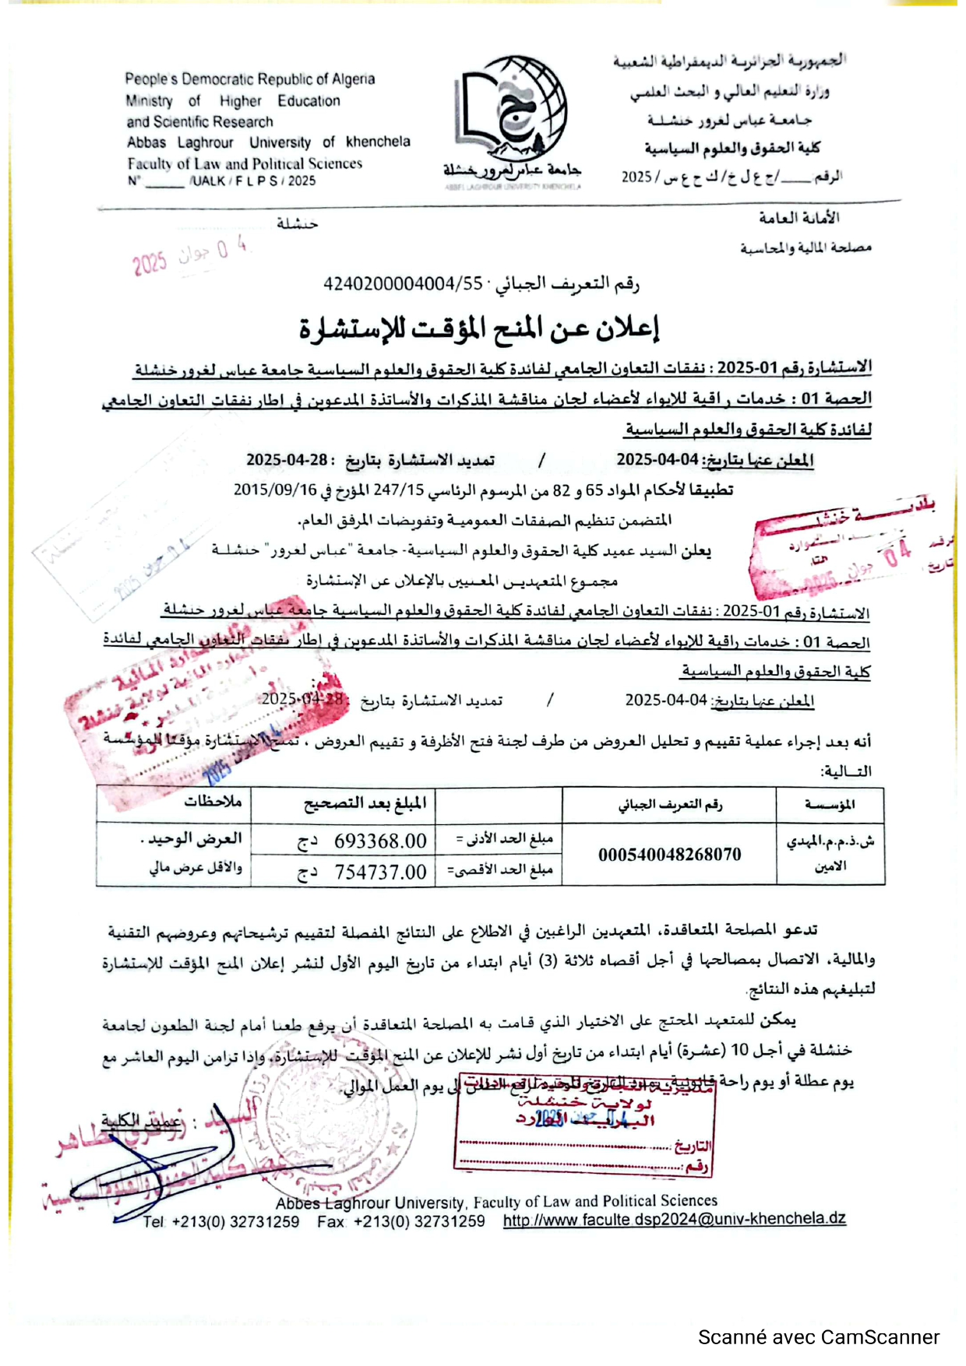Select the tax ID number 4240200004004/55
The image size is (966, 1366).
point(403,284)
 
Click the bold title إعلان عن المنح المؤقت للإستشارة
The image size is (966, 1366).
point(480,328)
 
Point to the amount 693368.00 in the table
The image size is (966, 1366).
point(380,841)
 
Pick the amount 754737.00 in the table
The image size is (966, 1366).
point(380,873)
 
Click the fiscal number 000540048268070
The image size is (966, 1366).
point(669,855)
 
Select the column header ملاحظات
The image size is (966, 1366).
point(213,802)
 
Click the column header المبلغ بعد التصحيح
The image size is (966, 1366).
point(365,802)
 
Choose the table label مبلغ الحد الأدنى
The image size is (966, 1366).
point(504,839)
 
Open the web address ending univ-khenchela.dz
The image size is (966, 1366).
point(674,1219)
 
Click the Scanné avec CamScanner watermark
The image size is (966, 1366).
point(818,1337)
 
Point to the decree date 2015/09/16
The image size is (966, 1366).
point(275,490)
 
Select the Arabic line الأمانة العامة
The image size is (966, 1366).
point(799,218)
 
